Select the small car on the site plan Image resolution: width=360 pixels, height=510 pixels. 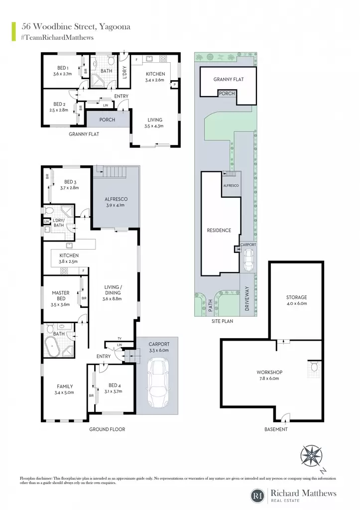pos(248,260)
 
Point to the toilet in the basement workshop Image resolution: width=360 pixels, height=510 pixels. pos(314,367)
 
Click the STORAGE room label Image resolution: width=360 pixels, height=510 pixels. pos(296,297)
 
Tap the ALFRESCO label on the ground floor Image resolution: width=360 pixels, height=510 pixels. pos(116,199)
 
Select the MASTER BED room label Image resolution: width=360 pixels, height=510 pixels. pos(61,296)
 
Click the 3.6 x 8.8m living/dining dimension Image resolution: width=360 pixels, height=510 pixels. pos(112,299)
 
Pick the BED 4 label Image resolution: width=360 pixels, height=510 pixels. pos(113,385)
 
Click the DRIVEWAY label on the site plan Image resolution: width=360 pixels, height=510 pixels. pos(247,298)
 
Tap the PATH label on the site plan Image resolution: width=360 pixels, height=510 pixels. pos(211,305)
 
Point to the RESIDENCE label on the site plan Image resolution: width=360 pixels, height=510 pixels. pos(219,230)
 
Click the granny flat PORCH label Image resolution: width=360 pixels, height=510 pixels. pos(107,120)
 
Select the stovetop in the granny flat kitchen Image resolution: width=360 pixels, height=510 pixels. pos(163,59)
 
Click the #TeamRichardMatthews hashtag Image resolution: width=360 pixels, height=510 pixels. pos(57,37)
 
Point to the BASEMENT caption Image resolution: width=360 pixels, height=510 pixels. pos(276,429)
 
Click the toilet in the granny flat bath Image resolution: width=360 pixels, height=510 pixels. pos(111,60)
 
